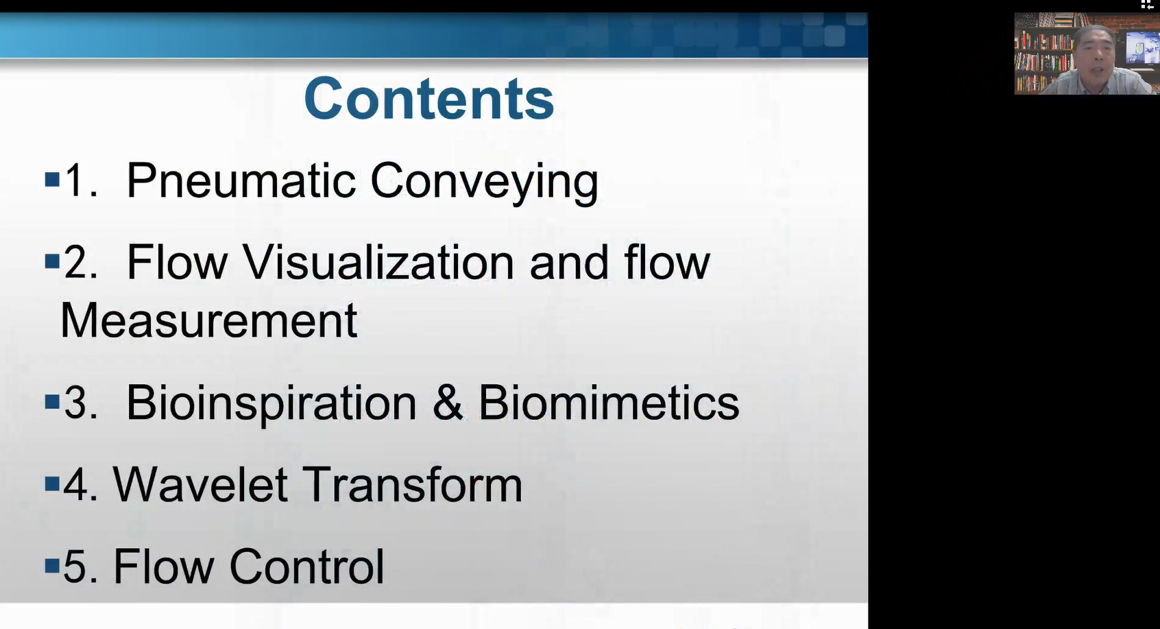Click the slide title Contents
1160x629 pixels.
tap(428, 99)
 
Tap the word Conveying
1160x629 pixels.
tap(484, 183)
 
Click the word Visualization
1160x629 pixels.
tap(378, 261)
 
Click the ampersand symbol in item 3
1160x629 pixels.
tap(448, 402)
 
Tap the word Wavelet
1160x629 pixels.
tap(200, 484)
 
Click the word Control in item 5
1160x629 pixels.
tap(306, 566)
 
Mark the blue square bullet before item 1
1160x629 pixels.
tap(52, 179)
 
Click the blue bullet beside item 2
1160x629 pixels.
tap(52, 261)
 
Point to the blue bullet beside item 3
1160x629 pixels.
tap(52, 401)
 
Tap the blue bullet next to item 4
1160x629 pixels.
tap(52, 484)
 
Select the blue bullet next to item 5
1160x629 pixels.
tap(52, 565)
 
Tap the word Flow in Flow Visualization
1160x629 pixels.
tap(177, 261)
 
